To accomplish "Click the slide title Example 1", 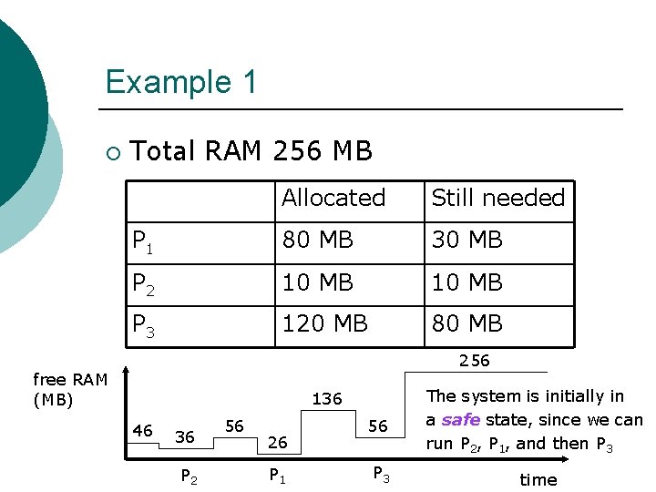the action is click(x=181, y=82).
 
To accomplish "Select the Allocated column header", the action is click(x=333, y=198).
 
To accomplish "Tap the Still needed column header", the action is click(x=497, y=198).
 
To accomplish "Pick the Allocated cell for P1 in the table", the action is click(x=317, y=241).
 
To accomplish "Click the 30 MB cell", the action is click(x=466, y=241).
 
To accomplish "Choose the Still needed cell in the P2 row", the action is click(x=466, y=282).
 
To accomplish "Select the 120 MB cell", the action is click(x=324, y=323).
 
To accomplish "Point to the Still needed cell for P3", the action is click(x=466, y=323).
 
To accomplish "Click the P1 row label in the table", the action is click(x=142, y=241).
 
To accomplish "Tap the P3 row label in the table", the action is click(x=143, y=325).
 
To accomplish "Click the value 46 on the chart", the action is click(x=143, y=430).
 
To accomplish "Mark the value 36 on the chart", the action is click(x=185, y=437).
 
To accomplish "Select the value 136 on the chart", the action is click(x=327, y=399).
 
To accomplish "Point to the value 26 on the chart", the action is click(x=278, y=443).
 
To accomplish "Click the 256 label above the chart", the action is click(x=475, y=361).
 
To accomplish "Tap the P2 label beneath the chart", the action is click(x=190, y=475).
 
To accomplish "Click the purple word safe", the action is click(x=461, y=420).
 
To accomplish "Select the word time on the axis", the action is click(x=538, y=479).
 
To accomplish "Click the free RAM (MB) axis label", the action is click(x=70, y=389).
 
